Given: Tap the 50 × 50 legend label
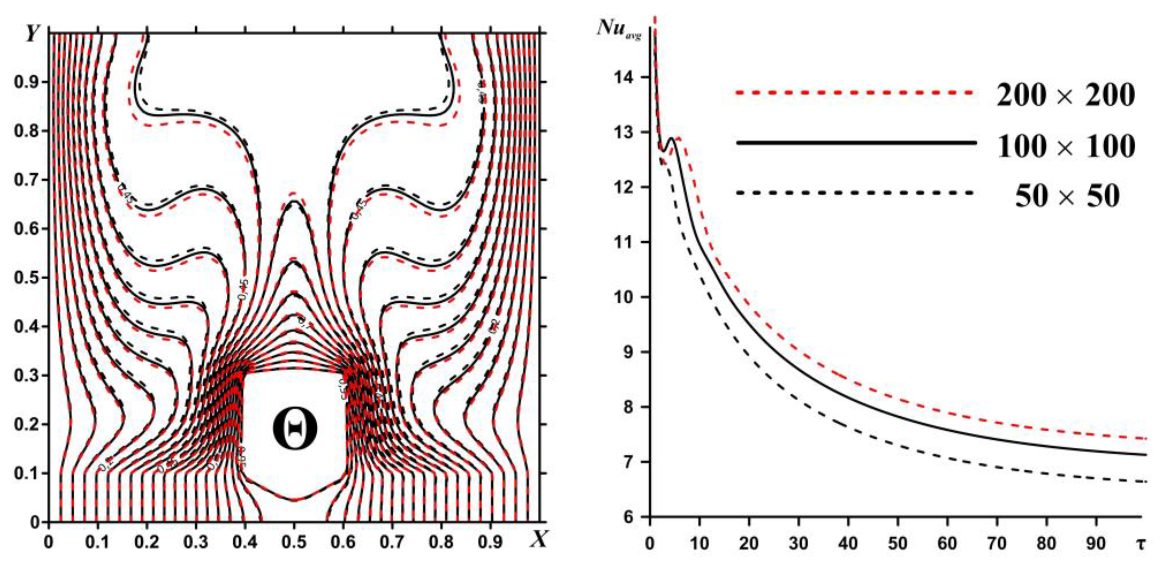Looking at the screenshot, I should [1067, 196].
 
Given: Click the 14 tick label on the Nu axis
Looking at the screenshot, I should [623, 77].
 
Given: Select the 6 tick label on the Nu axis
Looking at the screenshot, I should [628, 517].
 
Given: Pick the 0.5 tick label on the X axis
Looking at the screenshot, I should [294, 542].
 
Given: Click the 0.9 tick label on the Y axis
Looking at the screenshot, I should [25, 82].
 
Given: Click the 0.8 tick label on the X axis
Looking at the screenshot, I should [441, 542].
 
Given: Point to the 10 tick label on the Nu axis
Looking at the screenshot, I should [623, 297].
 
